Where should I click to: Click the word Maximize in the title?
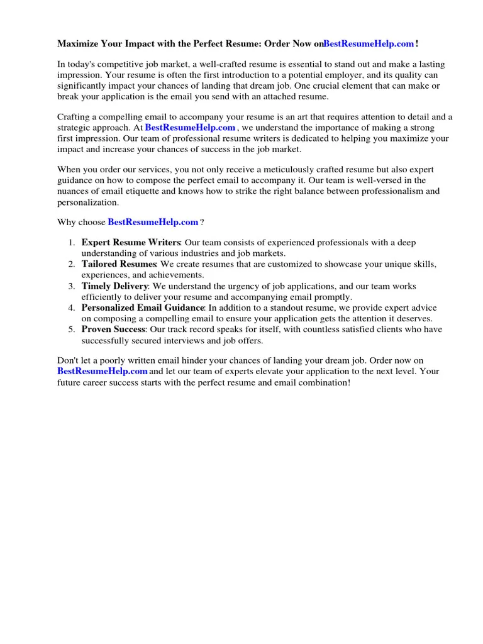(79, 43)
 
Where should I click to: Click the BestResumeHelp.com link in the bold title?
(369, 43)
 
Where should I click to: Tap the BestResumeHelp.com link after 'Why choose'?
(153, 222)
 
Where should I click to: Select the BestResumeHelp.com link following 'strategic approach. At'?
(190, 128)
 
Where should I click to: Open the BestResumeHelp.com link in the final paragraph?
(103, 371)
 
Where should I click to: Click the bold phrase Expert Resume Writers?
(131, 242)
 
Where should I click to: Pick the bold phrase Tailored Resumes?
(118, 264)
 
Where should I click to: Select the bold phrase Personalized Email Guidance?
(143, 308)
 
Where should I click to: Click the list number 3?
(72, 286)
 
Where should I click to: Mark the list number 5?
(72, 330)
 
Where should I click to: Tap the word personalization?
(87, 203)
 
